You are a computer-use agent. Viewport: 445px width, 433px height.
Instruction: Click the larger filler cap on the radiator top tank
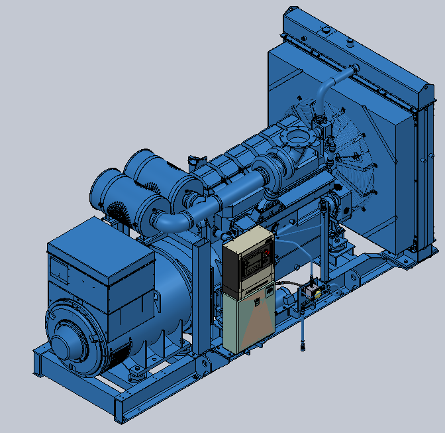click(x=324, y=30)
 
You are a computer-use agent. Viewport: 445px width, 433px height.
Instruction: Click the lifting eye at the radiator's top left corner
click(x=289, y=11)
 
